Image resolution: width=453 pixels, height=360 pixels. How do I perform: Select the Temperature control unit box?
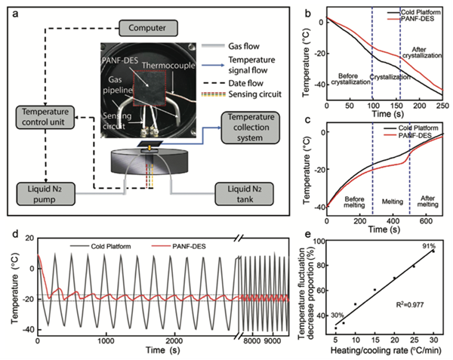(x=45, y=116)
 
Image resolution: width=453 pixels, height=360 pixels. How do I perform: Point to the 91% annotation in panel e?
(x=428, y=248)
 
